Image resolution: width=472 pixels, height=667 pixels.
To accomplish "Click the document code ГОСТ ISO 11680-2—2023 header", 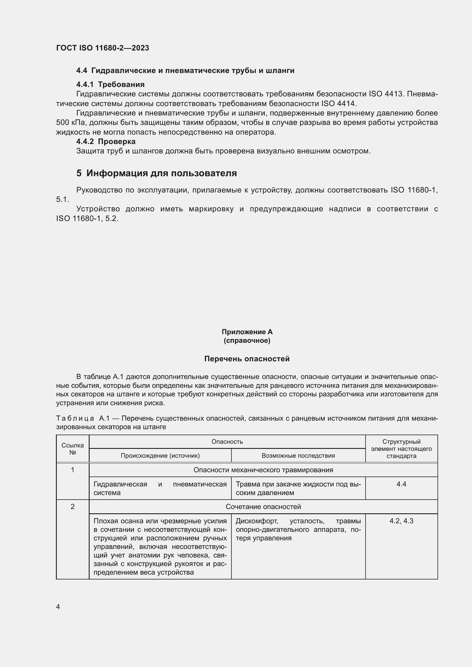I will pos(103,48).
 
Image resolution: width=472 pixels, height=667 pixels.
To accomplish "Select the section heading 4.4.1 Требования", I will pos(110,84).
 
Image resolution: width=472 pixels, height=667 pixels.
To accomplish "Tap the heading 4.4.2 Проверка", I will pos(106,141).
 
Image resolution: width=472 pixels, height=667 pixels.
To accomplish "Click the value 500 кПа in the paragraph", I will pos(70,123).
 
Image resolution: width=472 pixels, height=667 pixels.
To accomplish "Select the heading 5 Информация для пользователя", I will pos(157,173).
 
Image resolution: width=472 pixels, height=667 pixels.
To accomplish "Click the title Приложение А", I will pos(247,332).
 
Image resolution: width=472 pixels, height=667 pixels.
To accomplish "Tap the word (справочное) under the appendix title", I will pos(247,340).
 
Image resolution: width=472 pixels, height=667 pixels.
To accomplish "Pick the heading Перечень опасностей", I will pos(247,359).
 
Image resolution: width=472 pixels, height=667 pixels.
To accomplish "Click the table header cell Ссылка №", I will pos(73,449).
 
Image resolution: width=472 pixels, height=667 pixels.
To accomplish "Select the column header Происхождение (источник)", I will pos(160,455).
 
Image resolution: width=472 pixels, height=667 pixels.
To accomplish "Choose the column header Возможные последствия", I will pos(298,455).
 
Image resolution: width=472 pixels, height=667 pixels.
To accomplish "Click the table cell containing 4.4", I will pos(402,484).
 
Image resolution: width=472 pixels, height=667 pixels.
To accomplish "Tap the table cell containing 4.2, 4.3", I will pos(402,521).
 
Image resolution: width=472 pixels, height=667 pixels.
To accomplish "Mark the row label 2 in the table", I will pos(73,507).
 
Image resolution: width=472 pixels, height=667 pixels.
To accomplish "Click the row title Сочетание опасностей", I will pos(263,507).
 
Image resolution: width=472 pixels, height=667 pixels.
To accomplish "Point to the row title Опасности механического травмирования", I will pos(263,470).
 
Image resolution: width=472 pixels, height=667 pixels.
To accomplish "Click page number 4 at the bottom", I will pos(58,607).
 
